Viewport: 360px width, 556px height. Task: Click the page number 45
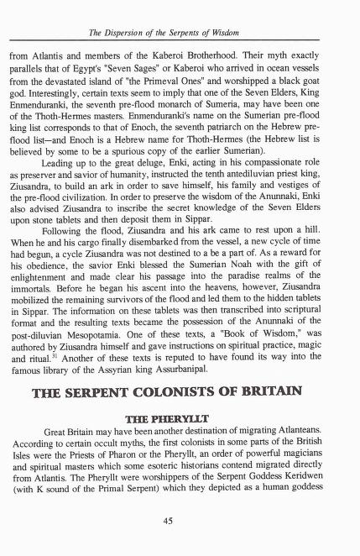[x=180, y=518]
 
